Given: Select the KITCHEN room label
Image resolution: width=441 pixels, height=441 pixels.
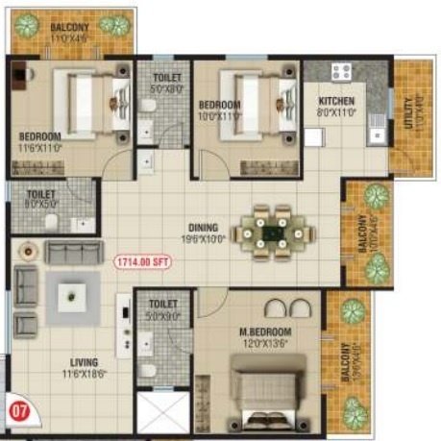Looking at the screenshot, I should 336,101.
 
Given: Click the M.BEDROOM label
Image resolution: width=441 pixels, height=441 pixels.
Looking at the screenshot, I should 265,332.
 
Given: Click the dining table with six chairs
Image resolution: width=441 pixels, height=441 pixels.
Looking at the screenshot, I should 276,231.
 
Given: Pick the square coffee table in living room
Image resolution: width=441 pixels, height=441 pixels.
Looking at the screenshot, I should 74,291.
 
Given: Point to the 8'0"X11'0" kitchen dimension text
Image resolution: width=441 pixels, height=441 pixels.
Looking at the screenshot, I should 336,111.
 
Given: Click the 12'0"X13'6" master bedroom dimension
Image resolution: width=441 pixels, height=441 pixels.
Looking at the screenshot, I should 266,345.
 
